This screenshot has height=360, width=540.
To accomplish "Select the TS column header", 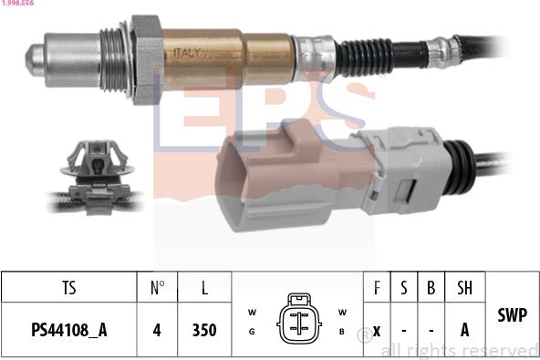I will pos(68,288).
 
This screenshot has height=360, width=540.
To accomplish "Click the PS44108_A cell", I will pos(68,330).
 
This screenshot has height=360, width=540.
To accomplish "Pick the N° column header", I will pos(157,288).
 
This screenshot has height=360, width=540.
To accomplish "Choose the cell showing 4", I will pos(157,330).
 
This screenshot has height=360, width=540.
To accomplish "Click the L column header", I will pos(204,288).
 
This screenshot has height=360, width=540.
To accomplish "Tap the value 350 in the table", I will pos(204,330).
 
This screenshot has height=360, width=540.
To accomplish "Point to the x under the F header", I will pos(376,330).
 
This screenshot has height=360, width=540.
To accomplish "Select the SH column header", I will pos(464,288).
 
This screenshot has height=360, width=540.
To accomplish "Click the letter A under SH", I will pos(464,330).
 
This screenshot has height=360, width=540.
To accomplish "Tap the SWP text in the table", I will pos(512,315).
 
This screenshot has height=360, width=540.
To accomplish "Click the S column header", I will pos(403,288).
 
